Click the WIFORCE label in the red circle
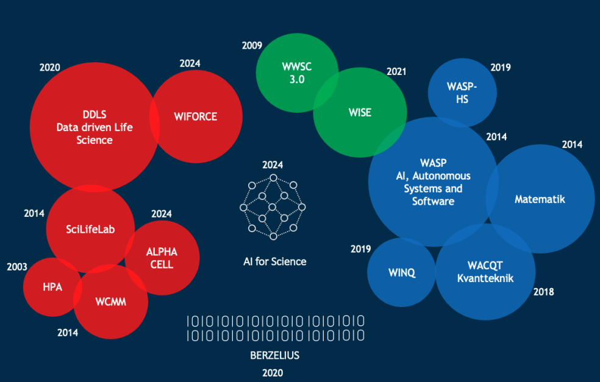[x=195, y=116]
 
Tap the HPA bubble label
[x=52, y=287]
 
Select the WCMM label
[x=111, y=302]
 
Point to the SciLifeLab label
[x=90, y=229]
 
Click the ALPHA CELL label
[x=162, y=258]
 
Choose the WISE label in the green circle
[x=360, y=112]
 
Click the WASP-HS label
[x=462, y=93]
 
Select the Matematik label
[x=540, y=199]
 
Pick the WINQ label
[x=402, y=272]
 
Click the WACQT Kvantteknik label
[x=485, y=272]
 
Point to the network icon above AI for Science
[x=273, y=207]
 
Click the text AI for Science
[x=275, y=261]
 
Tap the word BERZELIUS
[x=275, y=355]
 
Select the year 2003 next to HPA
[x=17, y=267]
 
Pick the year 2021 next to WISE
[x=396, y=71]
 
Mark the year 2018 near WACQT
[x=543, y=292]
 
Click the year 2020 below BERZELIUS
[x=273, y=373]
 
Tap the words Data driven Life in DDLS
[x=95, y=127]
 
